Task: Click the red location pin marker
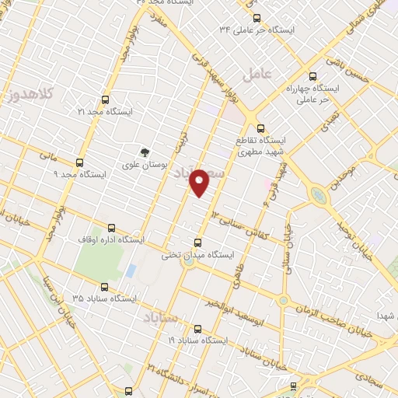click(200, 182)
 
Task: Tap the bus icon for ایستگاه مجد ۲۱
click(106, 100)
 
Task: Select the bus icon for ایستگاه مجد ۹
click(79, 163)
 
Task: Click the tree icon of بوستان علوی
click(144, 152)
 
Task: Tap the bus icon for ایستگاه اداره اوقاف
click(111, 229)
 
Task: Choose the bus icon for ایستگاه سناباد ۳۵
click(106, 286)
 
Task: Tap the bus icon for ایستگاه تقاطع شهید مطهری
click(260, 129)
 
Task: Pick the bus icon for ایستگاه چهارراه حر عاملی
click(312, 76)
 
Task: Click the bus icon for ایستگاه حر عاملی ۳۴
click(257, 17)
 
